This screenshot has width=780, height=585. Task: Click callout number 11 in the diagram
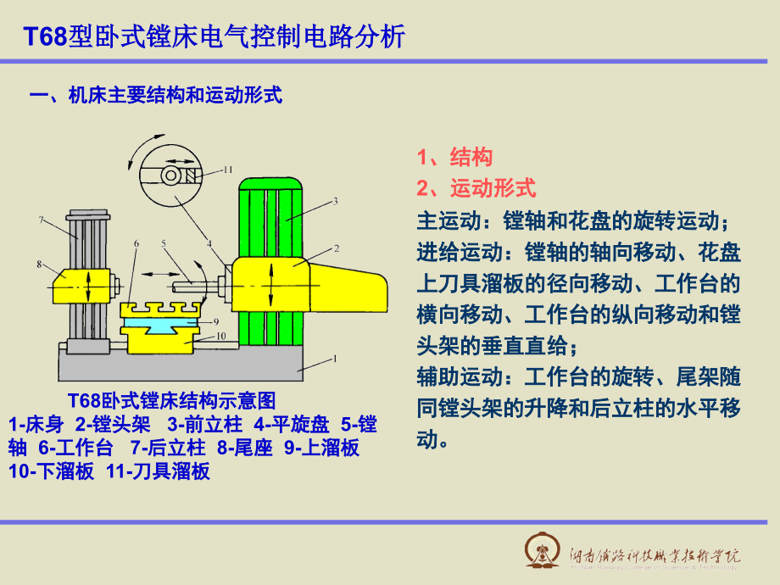(227, 169)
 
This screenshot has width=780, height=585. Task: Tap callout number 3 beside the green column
(335, 201)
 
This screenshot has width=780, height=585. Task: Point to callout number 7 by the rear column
(41, 220)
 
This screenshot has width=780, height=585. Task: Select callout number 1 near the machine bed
(334, 359)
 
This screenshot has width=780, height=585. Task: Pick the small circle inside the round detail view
(171, 175)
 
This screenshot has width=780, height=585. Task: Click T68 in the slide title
(43, 36)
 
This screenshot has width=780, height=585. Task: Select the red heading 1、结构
(454, 157)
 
